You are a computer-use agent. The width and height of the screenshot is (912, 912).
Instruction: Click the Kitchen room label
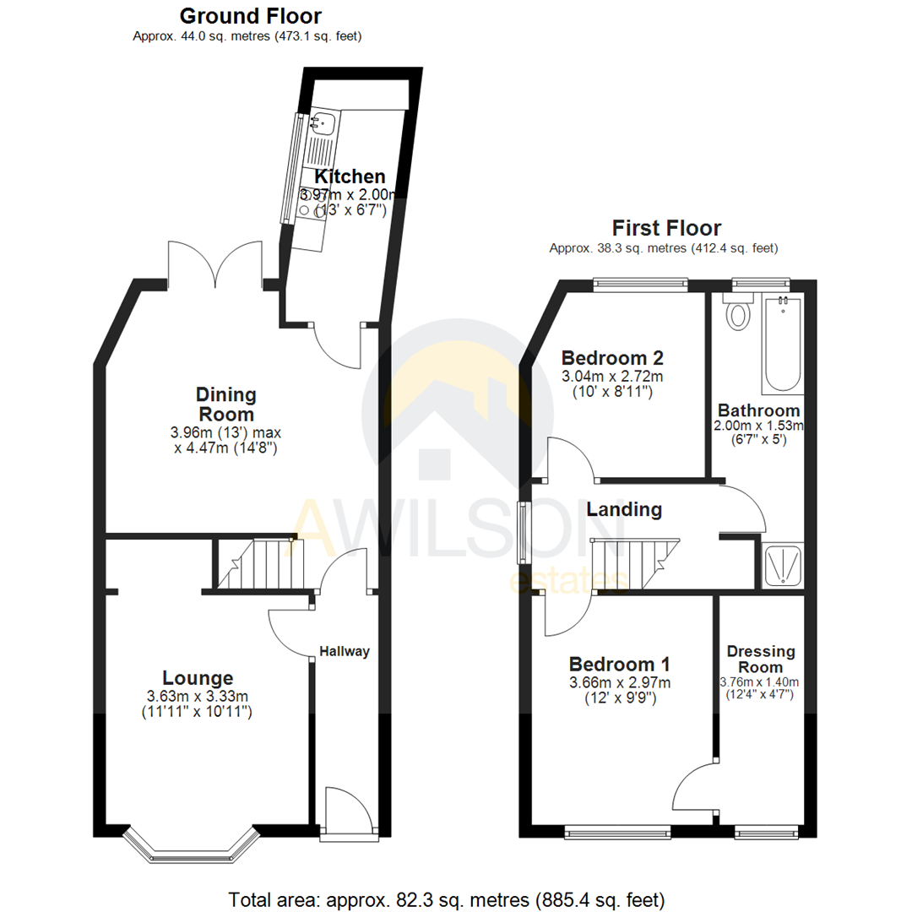(350, 176)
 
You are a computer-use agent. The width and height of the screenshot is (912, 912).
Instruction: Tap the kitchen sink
(322, 123)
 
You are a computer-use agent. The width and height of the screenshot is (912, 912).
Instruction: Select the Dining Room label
(225, 404)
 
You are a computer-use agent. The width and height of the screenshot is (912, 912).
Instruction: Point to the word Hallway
(345, 651)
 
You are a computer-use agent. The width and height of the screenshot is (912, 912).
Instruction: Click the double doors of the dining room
(214, 263)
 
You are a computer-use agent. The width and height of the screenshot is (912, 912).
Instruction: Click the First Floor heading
(667, 227)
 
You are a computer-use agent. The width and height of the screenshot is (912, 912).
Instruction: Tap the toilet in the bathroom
(740, 314)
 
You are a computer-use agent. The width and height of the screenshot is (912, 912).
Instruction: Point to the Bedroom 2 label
(612, 356)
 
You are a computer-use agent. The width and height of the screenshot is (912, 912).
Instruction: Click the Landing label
(624, 509)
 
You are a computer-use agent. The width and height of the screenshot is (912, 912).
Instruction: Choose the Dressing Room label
(761, 660)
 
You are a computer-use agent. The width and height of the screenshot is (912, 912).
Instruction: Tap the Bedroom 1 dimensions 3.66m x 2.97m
(620, 682)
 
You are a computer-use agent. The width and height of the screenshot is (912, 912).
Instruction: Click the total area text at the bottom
(447, 898)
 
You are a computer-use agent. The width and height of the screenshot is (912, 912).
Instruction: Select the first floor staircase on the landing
(635, 564)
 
